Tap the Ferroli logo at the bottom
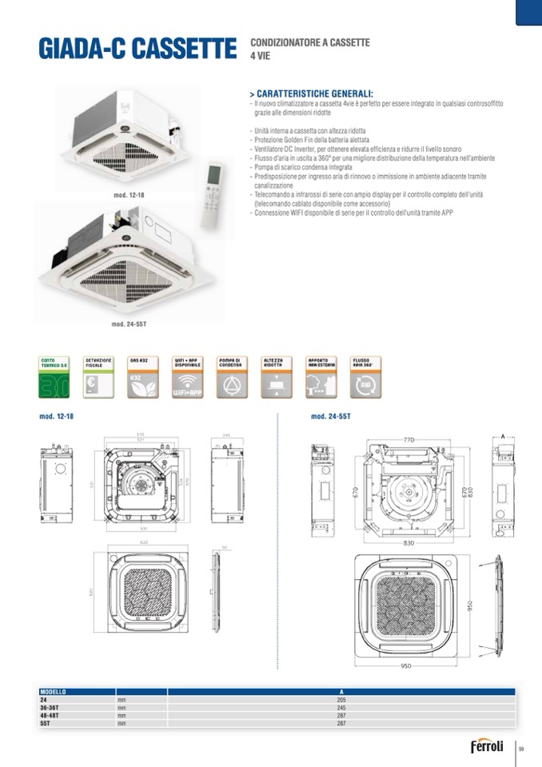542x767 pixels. (x=487, y=747)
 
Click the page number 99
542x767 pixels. (x=521, y=749)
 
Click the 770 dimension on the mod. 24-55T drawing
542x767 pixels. (x=408, y=439)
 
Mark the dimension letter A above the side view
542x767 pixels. (x=503, y=437)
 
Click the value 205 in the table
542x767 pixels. (x=341, y=699)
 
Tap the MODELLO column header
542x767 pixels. (x=54, y=691)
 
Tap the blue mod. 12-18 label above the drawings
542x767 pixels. (x=57, y=417)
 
